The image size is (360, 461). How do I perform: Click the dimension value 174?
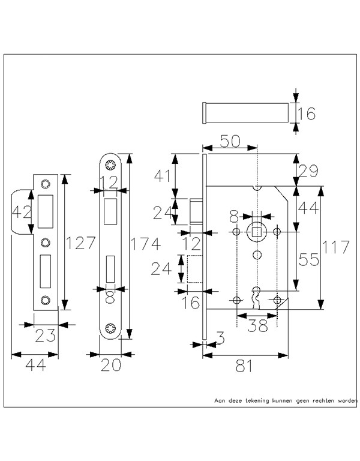145,244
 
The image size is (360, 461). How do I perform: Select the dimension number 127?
80,243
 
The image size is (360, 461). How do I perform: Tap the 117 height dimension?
336,247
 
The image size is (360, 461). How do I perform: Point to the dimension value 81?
244,366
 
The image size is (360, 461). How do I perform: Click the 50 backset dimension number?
230,141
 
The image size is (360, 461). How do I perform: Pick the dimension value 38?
258,325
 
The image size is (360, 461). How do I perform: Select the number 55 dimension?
308,259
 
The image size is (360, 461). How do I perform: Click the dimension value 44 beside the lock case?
308,208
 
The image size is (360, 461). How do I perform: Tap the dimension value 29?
308,171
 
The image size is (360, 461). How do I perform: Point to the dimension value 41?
162,176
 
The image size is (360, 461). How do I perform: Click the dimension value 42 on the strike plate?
22,212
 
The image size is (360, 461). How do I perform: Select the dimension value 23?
45,336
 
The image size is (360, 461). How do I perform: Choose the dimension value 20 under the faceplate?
111,365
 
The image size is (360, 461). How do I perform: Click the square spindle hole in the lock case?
257,232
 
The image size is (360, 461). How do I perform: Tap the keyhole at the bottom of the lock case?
257,297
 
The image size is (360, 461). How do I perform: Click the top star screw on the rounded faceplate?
110,164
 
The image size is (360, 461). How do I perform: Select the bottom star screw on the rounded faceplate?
110,328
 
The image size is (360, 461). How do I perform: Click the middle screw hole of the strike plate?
45,243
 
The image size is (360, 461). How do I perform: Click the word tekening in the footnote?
257,400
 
